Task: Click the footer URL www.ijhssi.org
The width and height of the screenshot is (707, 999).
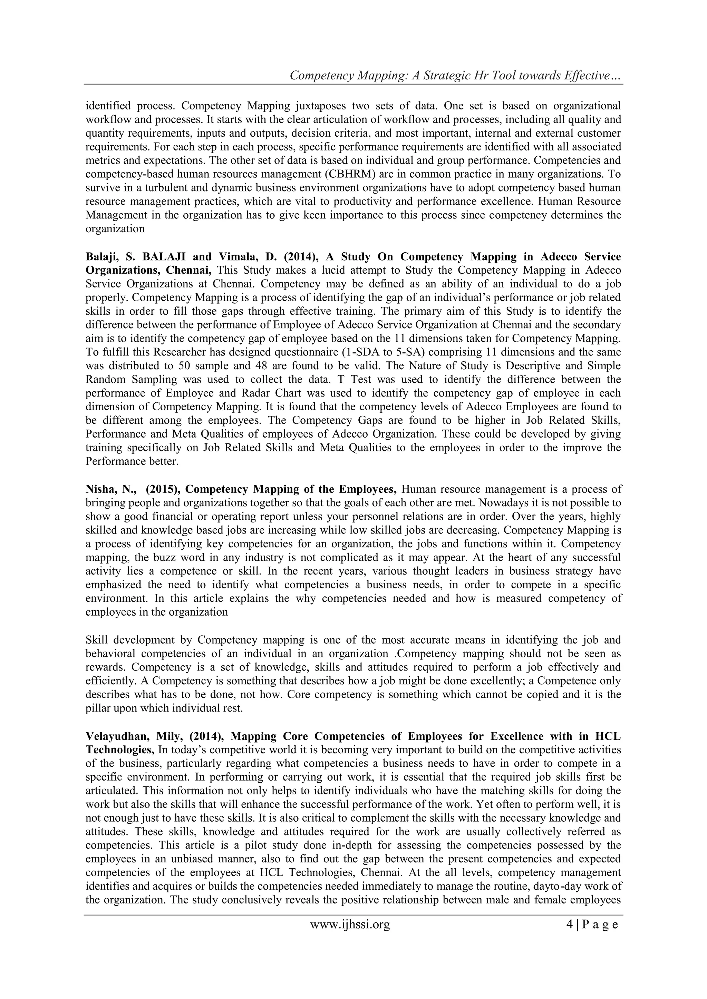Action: click(x=350, y=936)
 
